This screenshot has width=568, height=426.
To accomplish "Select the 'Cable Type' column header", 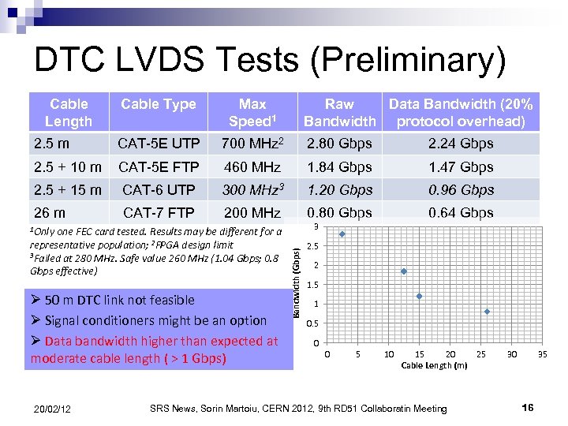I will click(159, 104).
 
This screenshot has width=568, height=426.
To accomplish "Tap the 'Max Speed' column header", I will click(252, 112).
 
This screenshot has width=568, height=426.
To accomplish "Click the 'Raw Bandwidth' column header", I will click(339, 112).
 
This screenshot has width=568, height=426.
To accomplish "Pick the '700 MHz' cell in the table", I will click(252, 144).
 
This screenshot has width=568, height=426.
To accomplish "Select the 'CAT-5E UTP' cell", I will click(159, 144).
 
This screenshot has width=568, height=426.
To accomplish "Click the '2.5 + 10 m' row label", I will click(68, 167).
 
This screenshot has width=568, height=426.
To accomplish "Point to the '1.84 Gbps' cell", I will click(339, 167).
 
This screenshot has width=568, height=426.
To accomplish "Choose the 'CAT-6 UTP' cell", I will click(159, 190).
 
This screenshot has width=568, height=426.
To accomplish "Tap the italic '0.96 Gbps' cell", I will click(461, 190).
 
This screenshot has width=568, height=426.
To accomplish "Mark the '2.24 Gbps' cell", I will click(461, 144).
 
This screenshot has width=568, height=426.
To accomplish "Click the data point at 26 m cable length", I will click(488, 312).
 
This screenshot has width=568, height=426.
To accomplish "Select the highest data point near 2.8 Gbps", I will click(342, 234).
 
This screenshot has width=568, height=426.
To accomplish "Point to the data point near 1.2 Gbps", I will click(420, 297).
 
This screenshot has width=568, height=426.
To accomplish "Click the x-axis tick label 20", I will click(450, 355).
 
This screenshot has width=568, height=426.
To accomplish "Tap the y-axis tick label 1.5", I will click(313, 285).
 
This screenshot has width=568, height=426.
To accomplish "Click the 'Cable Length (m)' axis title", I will click(434, 365).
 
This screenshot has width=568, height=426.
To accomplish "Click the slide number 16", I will click(528, 407).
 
